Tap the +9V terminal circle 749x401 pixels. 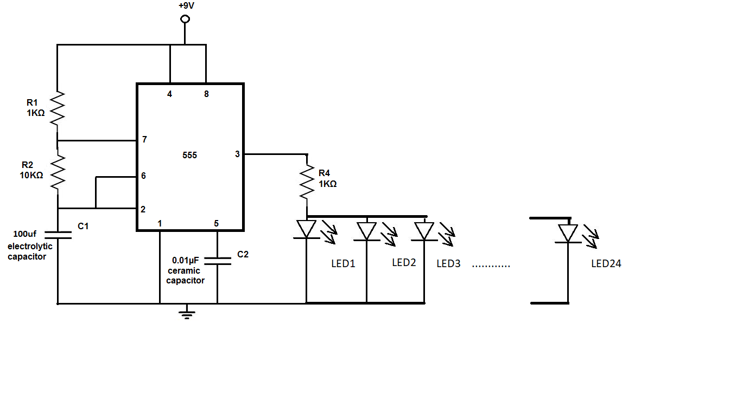(x=185, y=19)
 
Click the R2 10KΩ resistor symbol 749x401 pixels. (x=58, y=172)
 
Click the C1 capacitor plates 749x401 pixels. (x=58, y=235)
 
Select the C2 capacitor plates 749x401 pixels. (x=217, y=261)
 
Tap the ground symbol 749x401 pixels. (x=187, y=313)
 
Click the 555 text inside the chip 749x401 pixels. (x=189, y=156)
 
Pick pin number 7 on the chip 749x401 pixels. (x=144, y=140)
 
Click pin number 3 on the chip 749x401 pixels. (x=237, y=154)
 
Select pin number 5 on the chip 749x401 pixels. (x=216, y=223)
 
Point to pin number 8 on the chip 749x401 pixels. (x=206, y=94)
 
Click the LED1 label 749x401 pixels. (x=343, y=264)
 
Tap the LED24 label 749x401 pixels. (x=606, y=264)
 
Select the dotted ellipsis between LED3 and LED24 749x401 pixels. (x=491, y=266)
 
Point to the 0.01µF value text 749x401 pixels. (x=186, y=260)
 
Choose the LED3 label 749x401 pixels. (x=448, y=264)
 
